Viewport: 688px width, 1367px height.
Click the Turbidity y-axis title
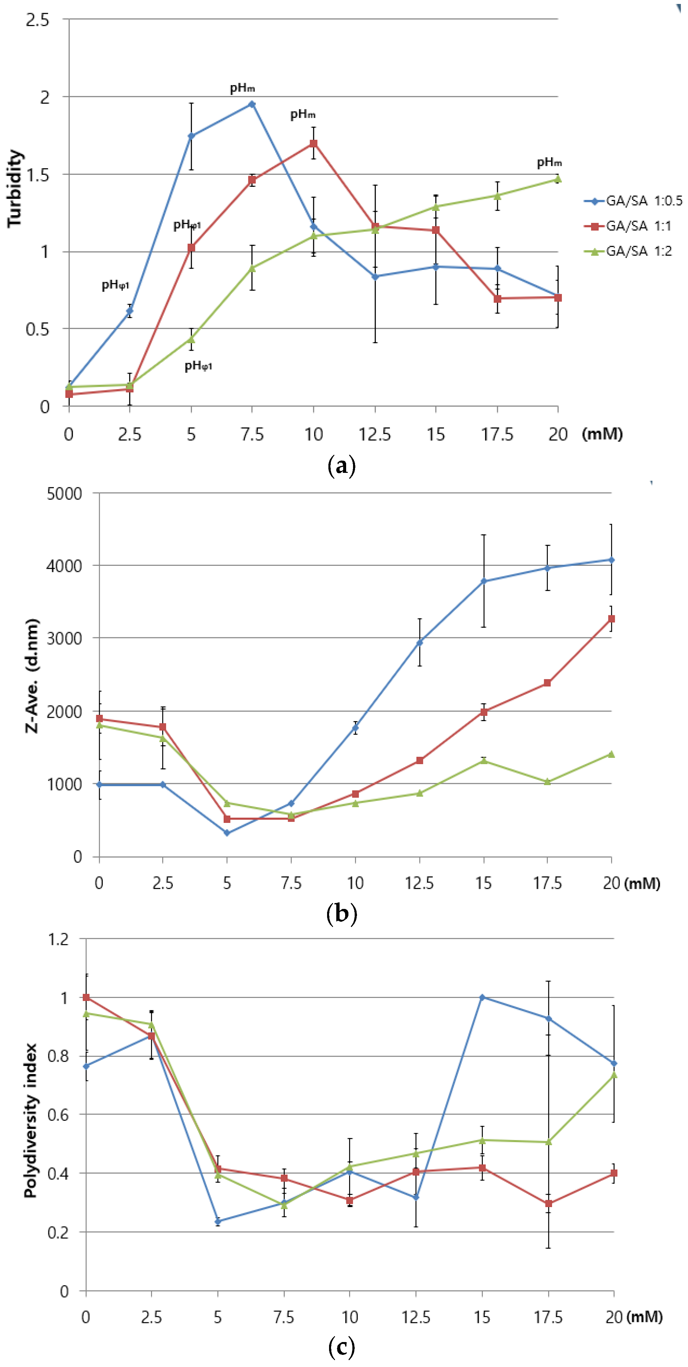15,189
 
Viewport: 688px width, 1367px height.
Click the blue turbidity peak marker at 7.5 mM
252,104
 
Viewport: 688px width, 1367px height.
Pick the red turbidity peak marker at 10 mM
314,143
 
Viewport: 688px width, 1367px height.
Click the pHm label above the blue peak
242,88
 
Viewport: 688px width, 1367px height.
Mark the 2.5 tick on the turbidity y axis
37,20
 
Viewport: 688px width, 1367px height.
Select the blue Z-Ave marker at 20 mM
611,560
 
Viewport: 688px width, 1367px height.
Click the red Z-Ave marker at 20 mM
611,619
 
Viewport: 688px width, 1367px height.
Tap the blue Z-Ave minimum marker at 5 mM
227,833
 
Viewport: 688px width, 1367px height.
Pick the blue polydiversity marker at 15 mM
482,997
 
